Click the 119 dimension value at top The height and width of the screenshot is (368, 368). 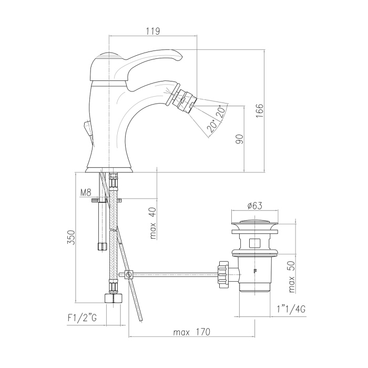pos(153,31)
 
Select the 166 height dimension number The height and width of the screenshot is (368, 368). pos(260,110)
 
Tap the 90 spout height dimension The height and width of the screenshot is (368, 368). pos(240,139)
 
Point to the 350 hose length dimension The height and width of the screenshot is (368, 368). pos(71,238)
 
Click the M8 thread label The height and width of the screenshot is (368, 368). pos(85,193)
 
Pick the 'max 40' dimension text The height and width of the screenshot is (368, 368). pos(153,223)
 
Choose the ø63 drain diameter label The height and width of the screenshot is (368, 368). pos(254,206)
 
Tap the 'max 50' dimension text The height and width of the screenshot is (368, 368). pos(291,278)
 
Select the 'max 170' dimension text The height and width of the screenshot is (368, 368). pos(192,332)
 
